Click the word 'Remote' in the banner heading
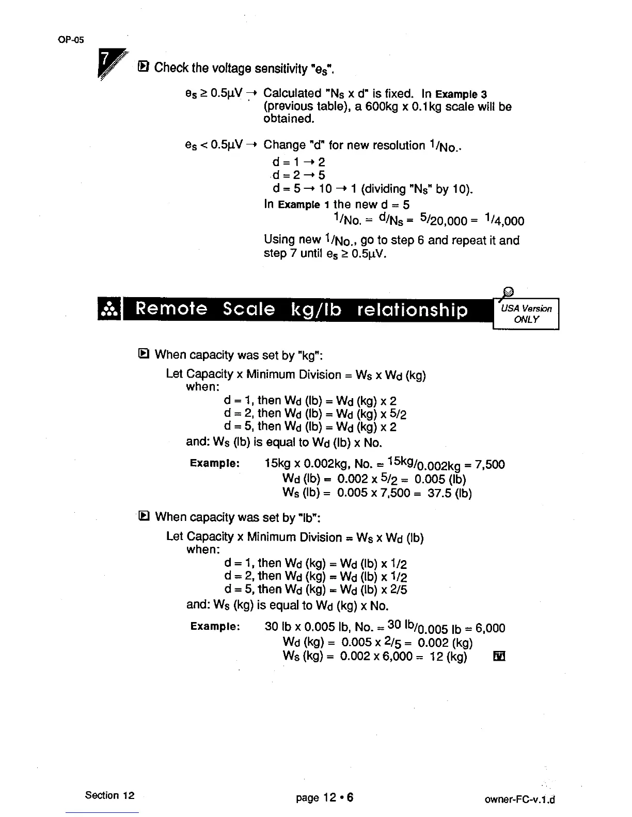(171, 309)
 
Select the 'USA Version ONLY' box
(526, 314)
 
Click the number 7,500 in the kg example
(489, 464)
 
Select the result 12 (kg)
(448, 656)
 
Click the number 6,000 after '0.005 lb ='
(490, 628)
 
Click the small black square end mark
(499, 656)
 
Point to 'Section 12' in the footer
(109, 795)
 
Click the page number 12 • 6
(324, 798)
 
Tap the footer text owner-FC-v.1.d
(519, 800)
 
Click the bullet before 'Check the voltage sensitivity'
(144, 67)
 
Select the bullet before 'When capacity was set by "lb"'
(144, 516)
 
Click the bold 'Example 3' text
(461, 94)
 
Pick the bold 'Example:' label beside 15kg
(214, 463)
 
